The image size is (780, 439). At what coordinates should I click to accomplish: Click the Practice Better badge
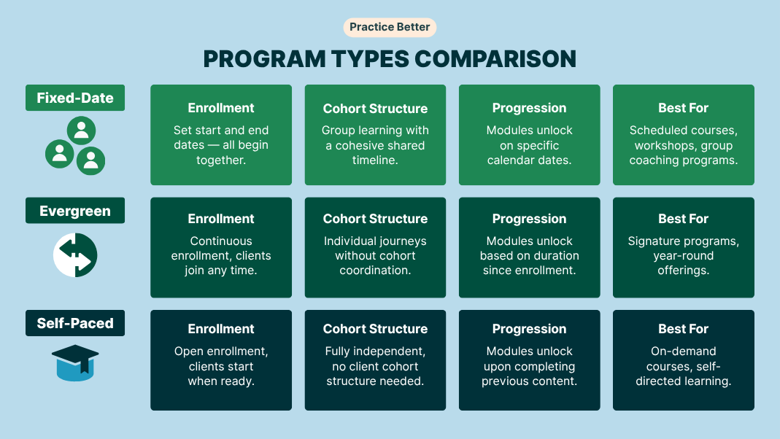click(390, 27)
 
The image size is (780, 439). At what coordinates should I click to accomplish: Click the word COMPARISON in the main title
click(495, 59)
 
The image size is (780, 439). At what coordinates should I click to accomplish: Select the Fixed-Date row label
click(75, 98)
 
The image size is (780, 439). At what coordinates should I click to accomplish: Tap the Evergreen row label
click(75, 211)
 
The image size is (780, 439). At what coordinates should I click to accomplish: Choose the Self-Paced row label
click(75, 323)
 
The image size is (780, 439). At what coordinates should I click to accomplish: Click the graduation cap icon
click(75, 363)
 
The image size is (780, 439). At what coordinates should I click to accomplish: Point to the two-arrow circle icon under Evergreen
click(75, 255)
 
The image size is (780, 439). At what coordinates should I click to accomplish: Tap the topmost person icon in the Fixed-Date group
click(82, 131)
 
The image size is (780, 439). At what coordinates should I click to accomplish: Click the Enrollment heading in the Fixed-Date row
click(221, 108)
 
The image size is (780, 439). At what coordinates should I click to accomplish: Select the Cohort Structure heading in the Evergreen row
click(375, 219)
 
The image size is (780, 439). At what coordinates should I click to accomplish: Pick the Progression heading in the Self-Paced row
click(529, 329)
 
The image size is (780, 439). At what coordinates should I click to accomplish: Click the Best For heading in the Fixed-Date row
click(684, 108)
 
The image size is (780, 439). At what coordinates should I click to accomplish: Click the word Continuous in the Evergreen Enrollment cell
click(221, 241)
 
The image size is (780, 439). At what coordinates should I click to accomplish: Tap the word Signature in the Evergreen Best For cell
click(652, 241)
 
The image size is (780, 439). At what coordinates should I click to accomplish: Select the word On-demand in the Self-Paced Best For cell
click(684, 351)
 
